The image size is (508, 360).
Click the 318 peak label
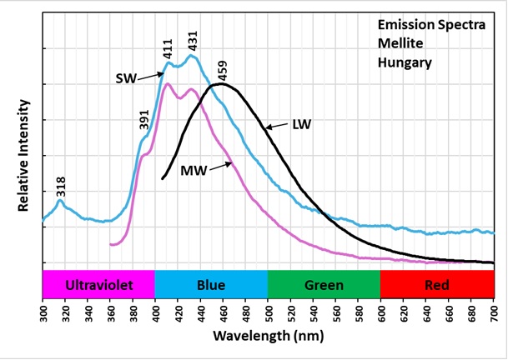(60, 186)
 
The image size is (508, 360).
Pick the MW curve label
(194, 171)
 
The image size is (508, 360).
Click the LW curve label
(301, 125)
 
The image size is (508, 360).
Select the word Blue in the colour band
(211, 285)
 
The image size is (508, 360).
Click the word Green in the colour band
(324, 285)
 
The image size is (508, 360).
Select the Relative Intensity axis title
(24, 156)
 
